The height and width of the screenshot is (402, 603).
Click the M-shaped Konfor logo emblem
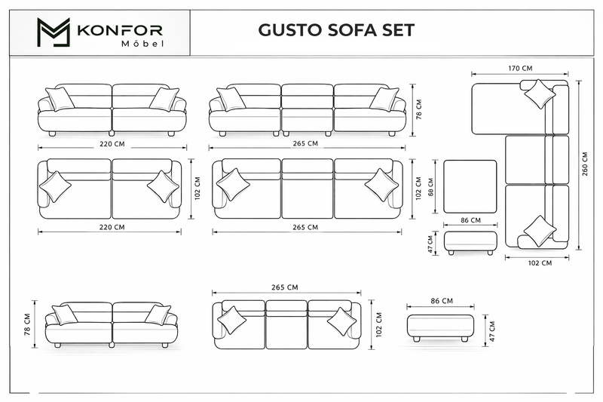54,32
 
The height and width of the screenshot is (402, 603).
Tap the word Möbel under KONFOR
142,44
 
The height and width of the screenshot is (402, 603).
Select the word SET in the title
399,30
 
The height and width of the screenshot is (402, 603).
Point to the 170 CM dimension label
520,68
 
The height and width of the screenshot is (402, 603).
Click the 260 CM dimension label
585,164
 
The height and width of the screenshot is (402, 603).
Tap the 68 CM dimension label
430,187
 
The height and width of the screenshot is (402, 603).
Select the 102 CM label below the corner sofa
540,263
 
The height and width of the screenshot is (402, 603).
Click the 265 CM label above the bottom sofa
285,287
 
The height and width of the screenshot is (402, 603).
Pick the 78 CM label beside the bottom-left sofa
27,324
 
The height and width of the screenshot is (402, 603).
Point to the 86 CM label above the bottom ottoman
442,301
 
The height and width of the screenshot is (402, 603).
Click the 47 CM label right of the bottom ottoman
493,331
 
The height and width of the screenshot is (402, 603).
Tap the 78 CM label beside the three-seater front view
419,109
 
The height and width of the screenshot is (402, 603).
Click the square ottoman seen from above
470,186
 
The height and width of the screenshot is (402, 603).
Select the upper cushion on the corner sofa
540,94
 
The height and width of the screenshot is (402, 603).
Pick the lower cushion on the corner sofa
540,231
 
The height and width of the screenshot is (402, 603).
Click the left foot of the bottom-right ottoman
416,339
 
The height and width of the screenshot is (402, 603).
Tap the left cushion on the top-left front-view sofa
60,99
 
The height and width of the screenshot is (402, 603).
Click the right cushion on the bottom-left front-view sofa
158,315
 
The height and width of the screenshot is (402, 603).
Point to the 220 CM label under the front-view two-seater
112,144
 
